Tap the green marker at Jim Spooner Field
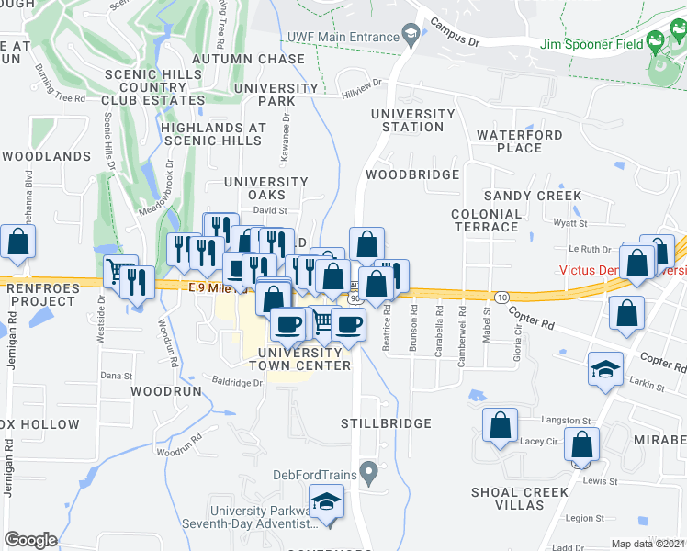(x=654, y=41)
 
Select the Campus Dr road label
(x=455, y=35)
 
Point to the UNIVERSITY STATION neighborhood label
(x=412, y=120)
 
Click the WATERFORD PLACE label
(x=521, y=141)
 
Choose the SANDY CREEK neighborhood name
(x=533, y=196)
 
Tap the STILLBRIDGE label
(x=386, y=423)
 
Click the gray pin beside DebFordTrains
(x=368, y=474)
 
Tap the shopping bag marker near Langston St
(x=500, y=426)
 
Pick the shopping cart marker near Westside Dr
(x=118, y=271)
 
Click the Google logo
(x=30, y=539)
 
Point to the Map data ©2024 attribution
(x=648, y=544)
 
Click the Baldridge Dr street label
(x=237, y=381)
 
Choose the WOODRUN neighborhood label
(x=165, y=390)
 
